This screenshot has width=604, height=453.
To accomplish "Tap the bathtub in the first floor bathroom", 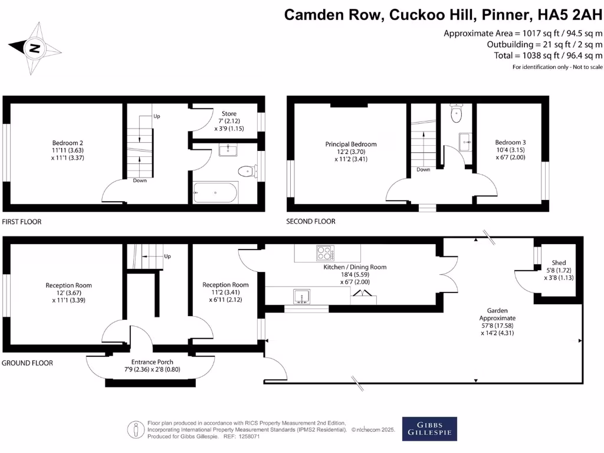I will pos(216,192).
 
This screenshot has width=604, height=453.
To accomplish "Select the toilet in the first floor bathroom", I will pos(246,172).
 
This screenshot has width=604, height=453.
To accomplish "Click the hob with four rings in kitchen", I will pos(325,253).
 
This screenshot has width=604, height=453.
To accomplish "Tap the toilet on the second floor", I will pos(456,114).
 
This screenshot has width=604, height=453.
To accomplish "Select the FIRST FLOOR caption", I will pos(22,222).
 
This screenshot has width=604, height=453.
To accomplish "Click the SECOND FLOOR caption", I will pos(311,222).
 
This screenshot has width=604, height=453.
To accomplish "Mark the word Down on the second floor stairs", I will pos(423,169).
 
